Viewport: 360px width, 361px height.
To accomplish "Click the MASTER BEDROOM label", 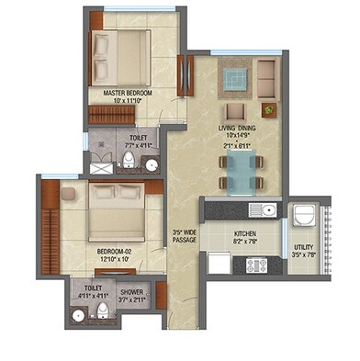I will (120, 94).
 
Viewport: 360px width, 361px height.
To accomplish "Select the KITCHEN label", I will (243, 235).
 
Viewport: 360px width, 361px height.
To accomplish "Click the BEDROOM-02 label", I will (116, 250).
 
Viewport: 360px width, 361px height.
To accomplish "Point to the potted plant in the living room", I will (269, 110).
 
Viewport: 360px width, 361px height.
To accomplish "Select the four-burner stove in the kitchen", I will (256, 265).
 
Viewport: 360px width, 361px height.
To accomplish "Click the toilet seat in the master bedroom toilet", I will (129, 164).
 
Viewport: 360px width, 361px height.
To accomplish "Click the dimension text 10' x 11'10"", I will (119, 102).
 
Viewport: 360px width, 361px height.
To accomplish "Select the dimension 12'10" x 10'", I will (115, 258).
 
